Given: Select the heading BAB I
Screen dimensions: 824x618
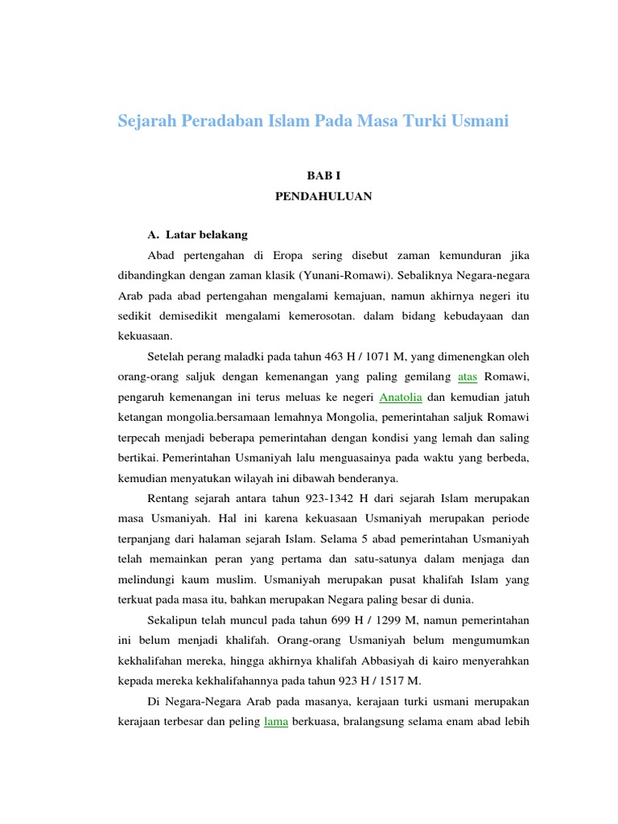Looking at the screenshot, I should pyautogui.click(x=323, y=175).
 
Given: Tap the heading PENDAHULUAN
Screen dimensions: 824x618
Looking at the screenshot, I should pyautogui.click(x=323, y=196).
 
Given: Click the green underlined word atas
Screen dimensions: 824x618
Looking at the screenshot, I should pyautogui.click(x=468, y=377).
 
